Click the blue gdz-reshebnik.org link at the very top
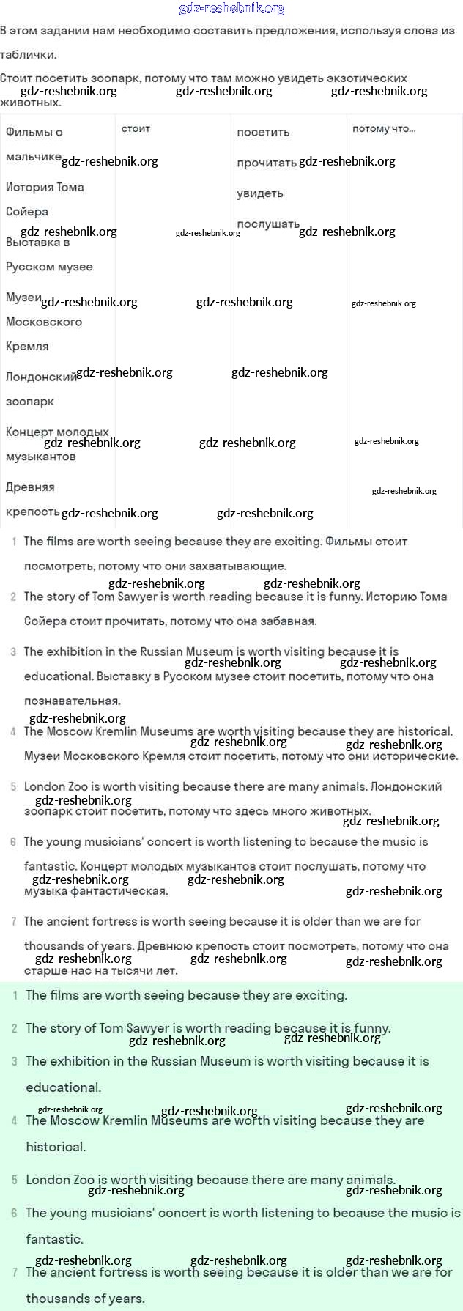pos(231,9)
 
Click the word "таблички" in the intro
pos(27,55)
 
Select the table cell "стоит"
pos(136,129)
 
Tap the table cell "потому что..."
pos(384,129)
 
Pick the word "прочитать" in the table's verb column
pos(267,163)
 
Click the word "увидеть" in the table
pos(259,193)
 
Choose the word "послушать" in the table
pos(268,224)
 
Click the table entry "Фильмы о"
pos(34,133)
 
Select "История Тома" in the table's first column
pos(45,188)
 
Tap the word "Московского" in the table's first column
pos(44,322)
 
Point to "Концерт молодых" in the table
pos(57,432)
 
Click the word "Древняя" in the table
pos(30,487)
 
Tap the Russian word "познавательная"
pos(73,701)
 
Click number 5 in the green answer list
pos(15,1181)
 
